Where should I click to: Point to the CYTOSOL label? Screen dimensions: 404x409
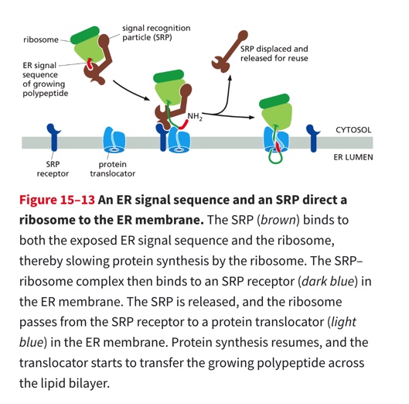coord(353,131)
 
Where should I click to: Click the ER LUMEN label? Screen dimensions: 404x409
coord(353,157)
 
